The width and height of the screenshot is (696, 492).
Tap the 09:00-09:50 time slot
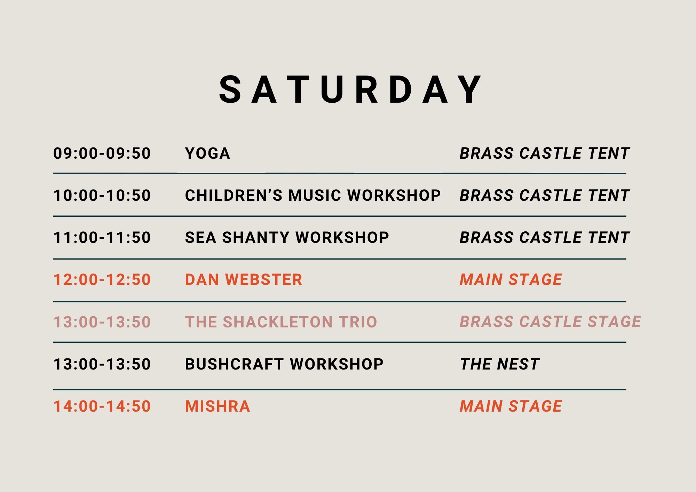[102, 153]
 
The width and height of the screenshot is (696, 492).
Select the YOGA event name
[207, 153]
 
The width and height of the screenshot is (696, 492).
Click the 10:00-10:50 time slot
[102, 196]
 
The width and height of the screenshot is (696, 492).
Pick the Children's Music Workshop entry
[313, 196]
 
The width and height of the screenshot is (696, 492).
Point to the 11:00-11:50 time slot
[102, 238]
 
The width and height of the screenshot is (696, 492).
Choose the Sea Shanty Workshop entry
[287, 238]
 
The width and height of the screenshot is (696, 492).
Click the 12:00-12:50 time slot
[102, 280]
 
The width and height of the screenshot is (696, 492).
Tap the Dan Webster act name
[244, 280]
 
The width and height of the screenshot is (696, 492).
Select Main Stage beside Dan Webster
[511, 280]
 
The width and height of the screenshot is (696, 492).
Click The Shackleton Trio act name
[281, 322]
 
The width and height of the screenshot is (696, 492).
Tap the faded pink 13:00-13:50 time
[102, 322]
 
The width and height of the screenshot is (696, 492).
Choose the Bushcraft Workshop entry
[284, 364]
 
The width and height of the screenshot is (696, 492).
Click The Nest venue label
[500, 364]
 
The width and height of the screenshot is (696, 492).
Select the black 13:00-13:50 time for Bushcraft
[102, 364]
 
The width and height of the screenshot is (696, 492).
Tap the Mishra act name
[217, 406]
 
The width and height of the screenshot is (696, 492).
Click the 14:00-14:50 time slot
[102, 406]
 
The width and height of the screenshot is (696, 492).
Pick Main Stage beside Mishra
[511, 406]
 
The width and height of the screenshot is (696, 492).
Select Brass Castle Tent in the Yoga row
[545, 153]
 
